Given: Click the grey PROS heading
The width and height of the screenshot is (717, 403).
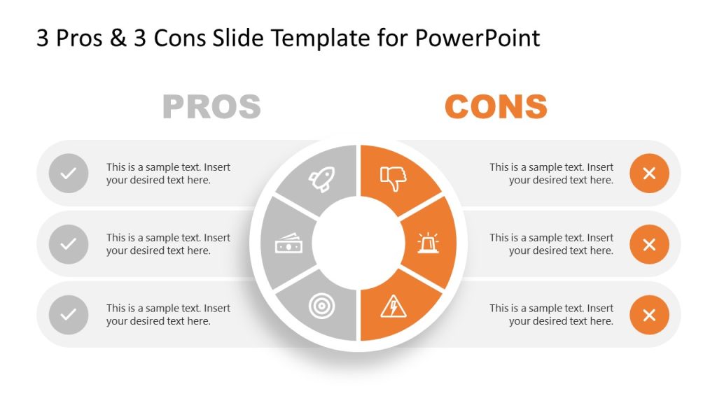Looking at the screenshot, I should tap(211, 107).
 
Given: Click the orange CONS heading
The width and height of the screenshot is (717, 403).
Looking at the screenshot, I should tap(496, 107).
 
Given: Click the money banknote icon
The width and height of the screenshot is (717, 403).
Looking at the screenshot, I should tap(288, 244).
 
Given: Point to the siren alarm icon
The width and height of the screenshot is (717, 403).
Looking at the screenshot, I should tap(428, 243).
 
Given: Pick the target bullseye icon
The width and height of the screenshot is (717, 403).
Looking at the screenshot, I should tap(322, 306).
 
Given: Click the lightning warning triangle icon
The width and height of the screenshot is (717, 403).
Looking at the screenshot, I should tap(393, 306).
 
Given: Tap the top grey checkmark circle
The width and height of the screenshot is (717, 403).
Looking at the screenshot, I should tap(69, 174).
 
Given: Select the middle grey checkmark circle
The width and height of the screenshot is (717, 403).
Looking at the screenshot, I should tap(69, 244).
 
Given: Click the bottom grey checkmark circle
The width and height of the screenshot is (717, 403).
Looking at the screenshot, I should tap(69, 315).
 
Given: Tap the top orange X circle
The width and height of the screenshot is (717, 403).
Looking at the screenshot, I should tap(649, 174).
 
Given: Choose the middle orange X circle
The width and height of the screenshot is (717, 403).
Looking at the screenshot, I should tap(649, 244).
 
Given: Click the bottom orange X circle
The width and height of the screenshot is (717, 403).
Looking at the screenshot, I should tap(649, 315).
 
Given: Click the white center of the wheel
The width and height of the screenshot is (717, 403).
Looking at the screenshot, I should tap(358, 243).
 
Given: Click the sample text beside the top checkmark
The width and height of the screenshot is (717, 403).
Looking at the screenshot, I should tap(168, 174).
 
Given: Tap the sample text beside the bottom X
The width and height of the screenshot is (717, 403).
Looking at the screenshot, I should tap(552, 315).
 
